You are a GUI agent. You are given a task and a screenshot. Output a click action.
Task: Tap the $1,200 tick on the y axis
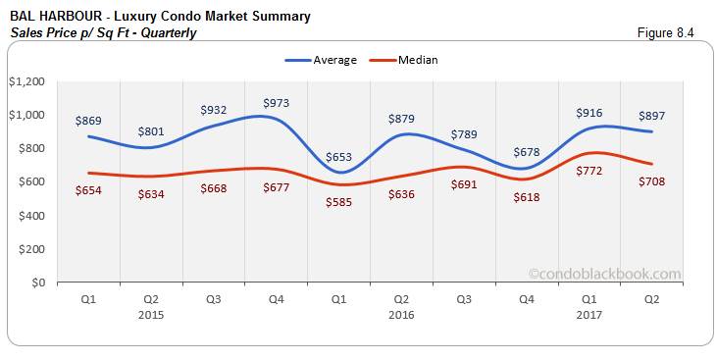coord(26,81)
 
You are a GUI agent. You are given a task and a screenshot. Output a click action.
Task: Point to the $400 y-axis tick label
coord(29,216)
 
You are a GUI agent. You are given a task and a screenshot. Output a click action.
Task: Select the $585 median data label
coord(338,202)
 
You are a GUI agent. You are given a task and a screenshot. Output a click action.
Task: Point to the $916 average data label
coord(589,112)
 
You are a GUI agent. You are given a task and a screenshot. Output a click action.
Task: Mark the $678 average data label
coord(527,152)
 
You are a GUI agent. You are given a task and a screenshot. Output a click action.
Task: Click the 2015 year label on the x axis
coord(151,315)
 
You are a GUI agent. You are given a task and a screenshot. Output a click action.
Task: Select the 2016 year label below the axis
coord(402,315)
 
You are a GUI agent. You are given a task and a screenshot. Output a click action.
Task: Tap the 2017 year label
coord(589,315)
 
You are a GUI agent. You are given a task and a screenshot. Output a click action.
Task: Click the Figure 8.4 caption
coord(666,32)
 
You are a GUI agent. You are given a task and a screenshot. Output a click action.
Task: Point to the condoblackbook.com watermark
coord(603,275)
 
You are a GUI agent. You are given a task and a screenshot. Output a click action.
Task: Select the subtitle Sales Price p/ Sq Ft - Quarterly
coord(103,32)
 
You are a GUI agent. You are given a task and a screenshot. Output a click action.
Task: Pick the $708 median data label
coord(652,181)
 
